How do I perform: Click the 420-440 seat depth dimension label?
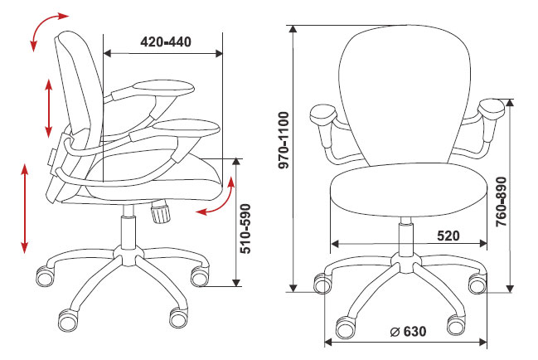(166, 41)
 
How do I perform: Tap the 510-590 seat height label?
(245, 229)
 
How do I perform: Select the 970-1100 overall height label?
(284, 140)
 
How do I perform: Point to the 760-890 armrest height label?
(502, 202)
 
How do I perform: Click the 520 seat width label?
(448, 236)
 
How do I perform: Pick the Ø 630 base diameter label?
(409, 332)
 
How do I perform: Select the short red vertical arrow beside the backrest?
(49, 109)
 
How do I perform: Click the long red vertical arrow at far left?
(24, 209)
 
